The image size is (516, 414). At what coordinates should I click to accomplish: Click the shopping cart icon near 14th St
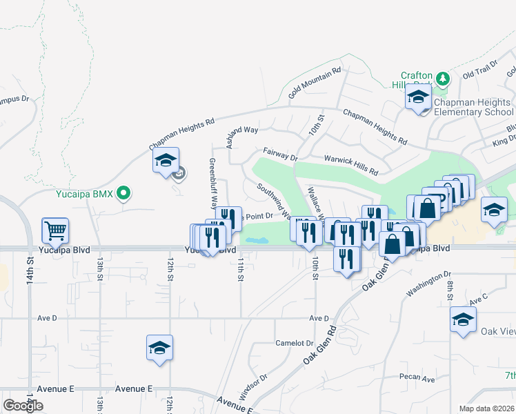tap(55, 228)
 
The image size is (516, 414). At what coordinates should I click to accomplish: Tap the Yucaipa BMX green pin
tap(123, 193)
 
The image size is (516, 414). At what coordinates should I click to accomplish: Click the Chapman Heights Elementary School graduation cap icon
tap(417, 97)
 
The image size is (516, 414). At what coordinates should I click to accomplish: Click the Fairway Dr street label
tap(280, 154)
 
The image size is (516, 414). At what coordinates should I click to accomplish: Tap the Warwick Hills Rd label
tap(352, 164)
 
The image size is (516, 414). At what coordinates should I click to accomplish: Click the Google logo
tap(23, 405)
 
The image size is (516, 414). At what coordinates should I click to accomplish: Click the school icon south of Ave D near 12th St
tap(159, 347)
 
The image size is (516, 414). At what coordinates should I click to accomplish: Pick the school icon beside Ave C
tap(463, 319)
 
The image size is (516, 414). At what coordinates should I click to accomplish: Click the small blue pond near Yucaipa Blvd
tap(257, 241)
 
